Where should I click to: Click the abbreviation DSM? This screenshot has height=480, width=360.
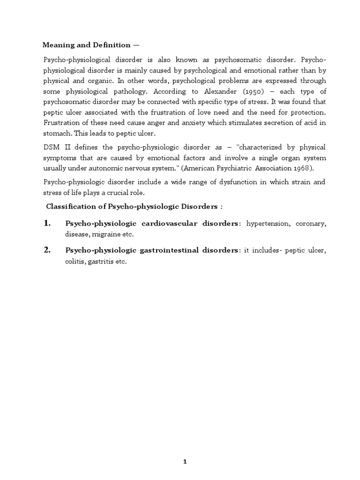click(50, 147)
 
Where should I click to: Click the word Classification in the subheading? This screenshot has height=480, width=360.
click(70, 207)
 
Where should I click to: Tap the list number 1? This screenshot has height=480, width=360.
click(47, 224)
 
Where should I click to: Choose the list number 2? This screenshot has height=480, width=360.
click(47, 250)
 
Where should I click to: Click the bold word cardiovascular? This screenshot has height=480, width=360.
click(165, 224)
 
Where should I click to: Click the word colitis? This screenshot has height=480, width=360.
click(74, 262)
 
